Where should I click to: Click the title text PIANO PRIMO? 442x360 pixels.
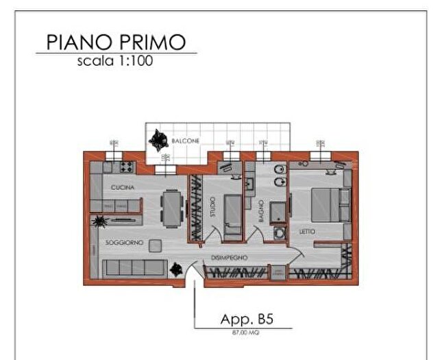pyautogui.click(x=115, y=42)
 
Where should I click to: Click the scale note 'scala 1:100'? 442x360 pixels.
pyautogui.click(x=115, y=60)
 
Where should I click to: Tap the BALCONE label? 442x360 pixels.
pyautogui.click(x=186, y=141)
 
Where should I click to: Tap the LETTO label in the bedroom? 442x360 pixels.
pyautogui.click(x=307, y=232)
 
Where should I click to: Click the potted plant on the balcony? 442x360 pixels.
pyautogui.click(x=160, y=139)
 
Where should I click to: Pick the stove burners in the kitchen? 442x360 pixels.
pyautogui.click(x=127, y=166)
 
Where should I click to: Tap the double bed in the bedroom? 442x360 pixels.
pyautogui.click(x=328, y=204)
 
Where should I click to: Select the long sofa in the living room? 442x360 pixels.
pyautogui.click(x=133, y=267)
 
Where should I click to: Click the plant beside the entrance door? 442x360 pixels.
pyautogui.click(x=176, y=268)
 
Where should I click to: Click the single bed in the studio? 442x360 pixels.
pyautogui.click(x=233, y=213)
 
